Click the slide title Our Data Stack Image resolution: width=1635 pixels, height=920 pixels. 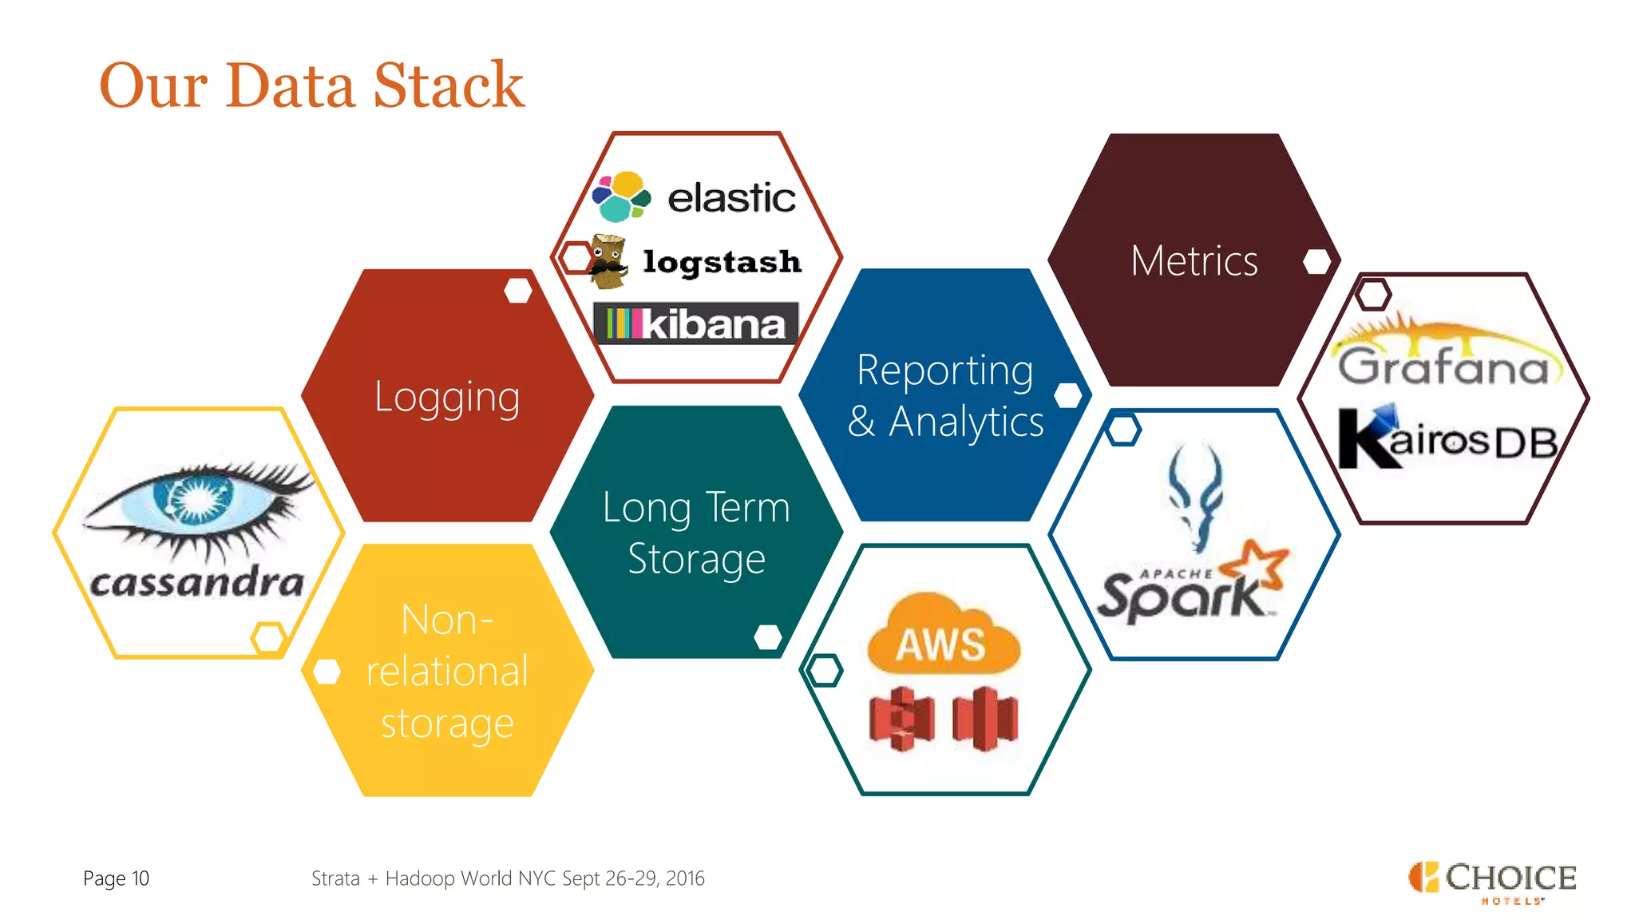[311, 85]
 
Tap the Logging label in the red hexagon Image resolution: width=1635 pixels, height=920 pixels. [447, 397]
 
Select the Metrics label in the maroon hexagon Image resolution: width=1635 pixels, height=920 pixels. [1194, 261]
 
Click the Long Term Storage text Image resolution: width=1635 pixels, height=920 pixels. [696, 533]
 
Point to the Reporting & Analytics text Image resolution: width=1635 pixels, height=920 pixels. [945, 395]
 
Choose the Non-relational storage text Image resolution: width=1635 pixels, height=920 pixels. [447, 671]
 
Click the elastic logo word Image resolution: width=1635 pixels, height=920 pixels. [730, 198]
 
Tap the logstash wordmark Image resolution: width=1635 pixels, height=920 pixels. [722, 262]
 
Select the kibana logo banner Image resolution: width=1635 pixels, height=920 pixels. [695, 323]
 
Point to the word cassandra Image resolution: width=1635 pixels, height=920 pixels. [196, 581]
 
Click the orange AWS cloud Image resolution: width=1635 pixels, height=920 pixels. [943, 635]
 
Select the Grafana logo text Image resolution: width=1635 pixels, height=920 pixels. [1443, 366]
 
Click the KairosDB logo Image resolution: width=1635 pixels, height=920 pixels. [1447, 439]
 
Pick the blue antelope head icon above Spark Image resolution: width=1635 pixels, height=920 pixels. [1195, 495]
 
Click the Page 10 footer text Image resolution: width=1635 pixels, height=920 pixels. [116, 878]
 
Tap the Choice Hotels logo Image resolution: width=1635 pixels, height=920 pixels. [1491, 881]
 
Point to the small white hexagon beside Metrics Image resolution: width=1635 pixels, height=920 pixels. [1316, 261]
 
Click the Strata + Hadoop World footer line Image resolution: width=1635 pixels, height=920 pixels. [508, 878]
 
